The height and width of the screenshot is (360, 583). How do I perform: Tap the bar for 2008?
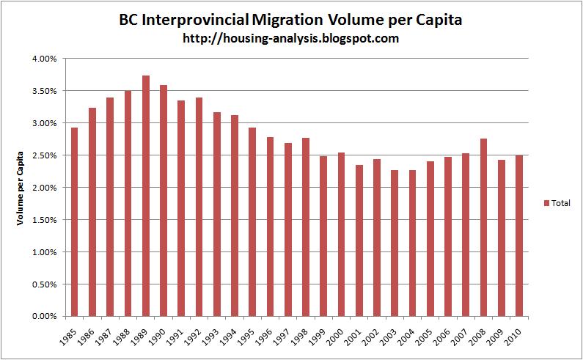pyautogui.click(x=483, y=227)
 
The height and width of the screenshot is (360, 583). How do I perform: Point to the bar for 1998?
pyautogui.click(x=306, y=227)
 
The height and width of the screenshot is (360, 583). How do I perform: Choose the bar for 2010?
pyautogui.click(x=519, y=235)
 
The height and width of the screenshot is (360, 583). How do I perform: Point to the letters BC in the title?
pyautogui.click(x=129, y=20)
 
